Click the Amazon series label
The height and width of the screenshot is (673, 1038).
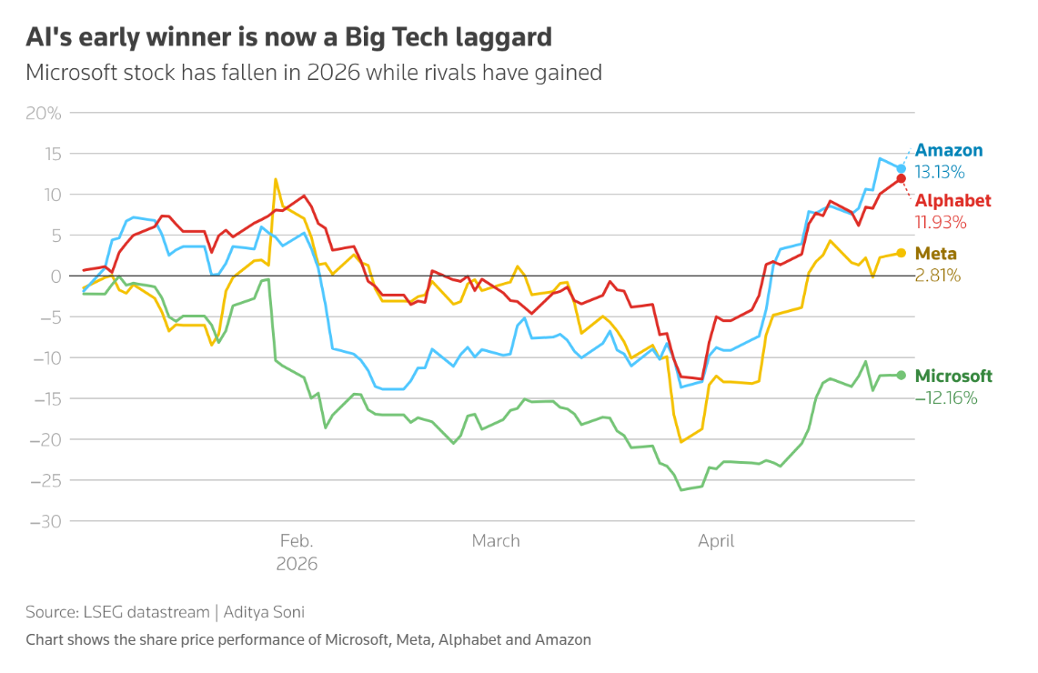pos(948,151)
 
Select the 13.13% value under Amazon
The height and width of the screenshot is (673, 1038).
pos(940,172)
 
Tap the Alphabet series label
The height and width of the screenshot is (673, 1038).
pos(952,201)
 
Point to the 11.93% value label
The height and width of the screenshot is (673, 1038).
pos(940,222)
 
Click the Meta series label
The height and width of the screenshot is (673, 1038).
pos(935,254)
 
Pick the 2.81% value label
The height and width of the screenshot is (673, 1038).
pos(937,275)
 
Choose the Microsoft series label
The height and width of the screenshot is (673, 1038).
pos(953,377)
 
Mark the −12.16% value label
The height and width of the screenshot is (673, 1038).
pos(945,397)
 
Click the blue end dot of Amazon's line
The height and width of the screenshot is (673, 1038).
pos(901,168)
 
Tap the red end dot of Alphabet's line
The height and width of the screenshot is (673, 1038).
pos(901,178)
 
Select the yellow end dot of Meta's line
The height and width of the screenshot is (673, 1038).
pos(901,253)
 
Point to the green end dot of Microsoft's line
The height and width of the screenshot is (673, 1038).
pos(901,375)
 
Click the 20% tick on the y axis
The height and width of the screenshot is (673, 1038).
pos(44,114)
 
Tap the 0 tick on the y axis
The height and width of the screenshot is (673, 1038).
pos(55,276)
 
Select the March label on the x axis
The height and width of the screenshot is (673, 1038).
pos(496,541)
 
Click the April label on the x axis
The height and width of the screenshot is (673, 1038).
pos(716,541)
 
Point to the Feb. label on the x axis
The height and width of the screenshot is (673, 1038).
pos(297,541)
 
